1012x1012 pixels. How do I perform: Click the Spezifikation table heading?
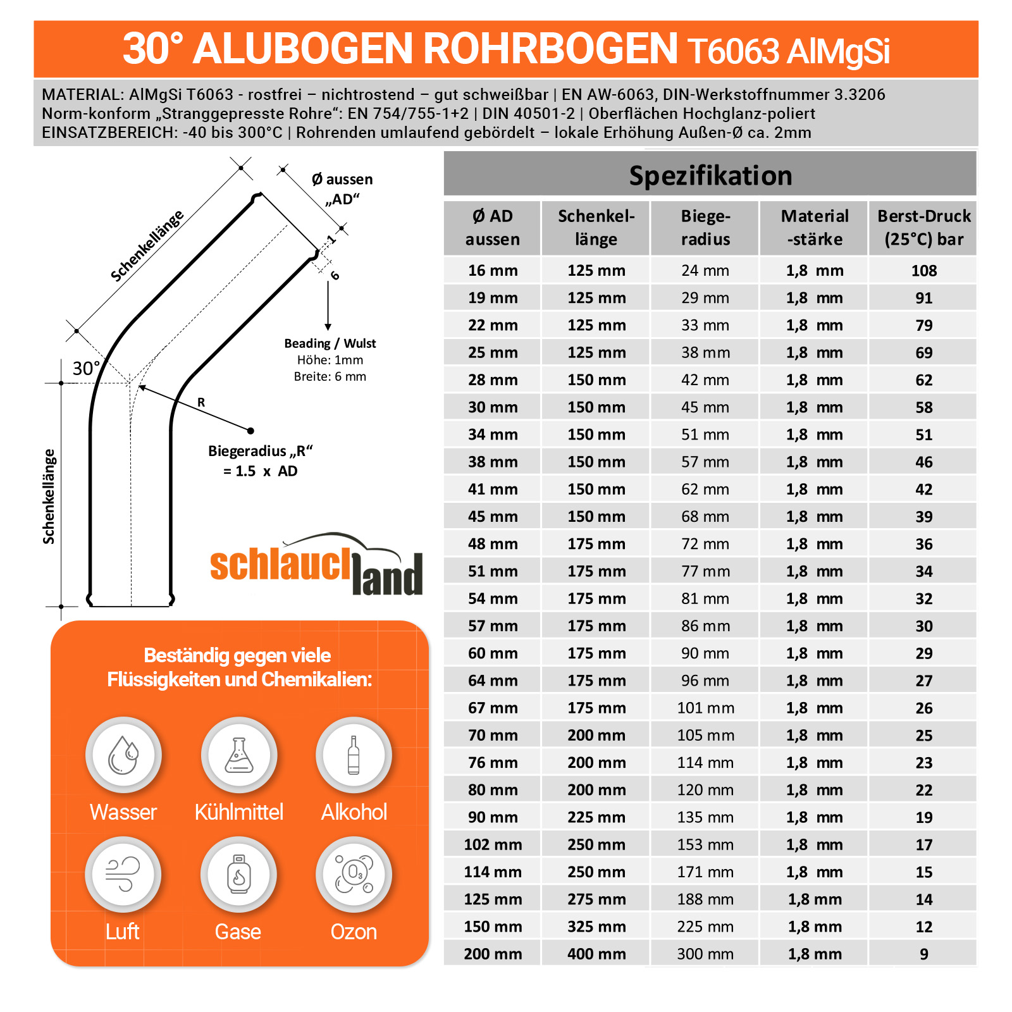click(710, 175)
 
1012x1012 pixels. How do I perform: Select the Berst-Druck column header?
click(923, 228)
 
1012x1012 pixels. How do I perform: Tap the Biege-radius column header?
click(705, 228)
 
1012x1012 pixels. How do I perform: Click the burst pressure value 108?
click(923, 271)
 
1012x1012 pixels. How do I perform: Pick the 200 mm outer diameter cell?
click(493, 954)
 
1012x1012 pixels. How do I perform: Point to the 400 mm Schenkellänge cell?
click(596, 954)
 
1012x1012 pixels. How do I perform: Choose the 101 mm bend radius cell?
click(705, 708)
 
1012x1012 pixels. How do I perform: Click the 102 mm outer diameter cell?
click(493, 844)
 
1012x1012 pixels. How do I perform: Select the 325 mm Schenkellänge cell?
click(596, 927)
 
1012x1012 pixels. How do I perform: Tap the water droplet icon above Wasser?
click(123, 755)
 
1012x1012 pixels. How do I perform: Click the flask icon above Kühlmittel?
click(238, 755)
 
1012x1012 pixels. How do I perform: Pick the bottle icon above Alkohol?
click(354, 755)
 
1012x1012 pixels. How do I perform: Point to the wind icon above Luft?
click(123, 874)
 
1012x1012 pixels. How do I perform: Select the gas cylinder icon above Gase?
click(238, 874)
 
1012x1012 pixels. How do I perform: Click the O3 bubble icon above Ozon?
click(354, 874)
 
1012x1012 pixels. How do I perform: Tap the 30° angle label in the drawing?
click(86, 368)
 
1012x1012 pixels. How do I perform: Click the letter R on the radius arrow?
click(201, 402)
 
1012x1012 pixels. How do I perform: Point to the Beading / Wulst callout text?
click(330, 343)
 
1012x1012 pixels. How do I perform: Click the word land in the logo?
click(387, 575)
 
